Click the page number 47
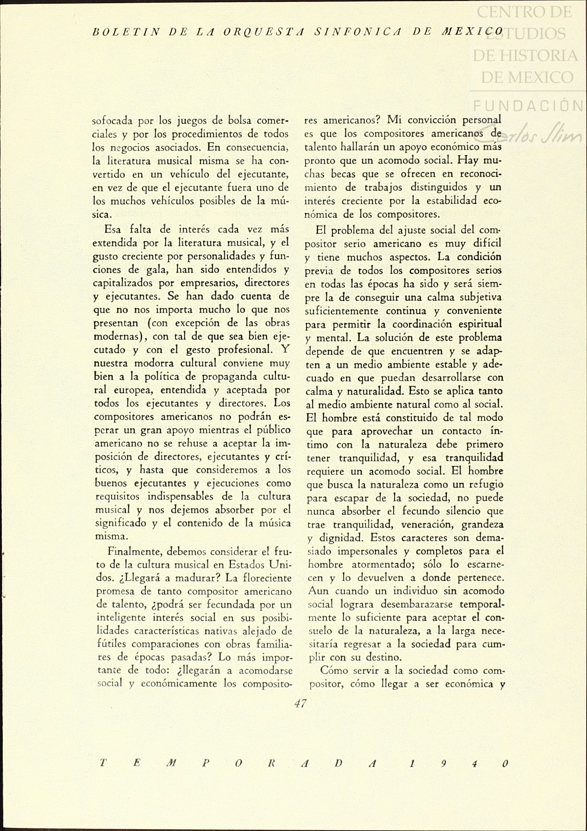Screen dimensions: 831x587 tap(300, 703)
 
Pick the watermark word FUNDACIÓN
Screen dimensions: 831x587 tap(528, 105)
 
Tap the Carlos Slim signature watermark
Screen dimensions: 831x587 tap(534, 134)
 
